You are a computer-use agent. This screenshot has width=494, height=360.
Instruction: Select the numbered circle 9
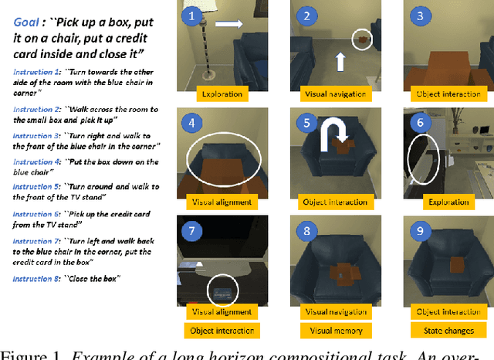[x=420, y=232]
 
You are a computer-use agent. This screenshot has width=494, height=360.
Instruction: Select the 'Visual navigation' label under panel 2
[x=333, y=95]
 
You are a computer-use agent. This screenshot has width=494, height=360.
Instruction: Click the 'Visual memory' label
[x=333, y=330]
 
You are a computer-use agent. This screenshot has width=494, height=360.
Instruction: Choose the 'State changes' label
[x=446, y=330]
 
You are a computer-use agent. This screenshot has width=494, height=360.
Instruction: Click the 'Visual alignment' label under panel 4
[x=219, y=203]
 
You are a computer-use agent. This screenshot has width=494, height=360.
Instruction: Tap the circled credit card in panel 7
[x=223, y=292]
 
